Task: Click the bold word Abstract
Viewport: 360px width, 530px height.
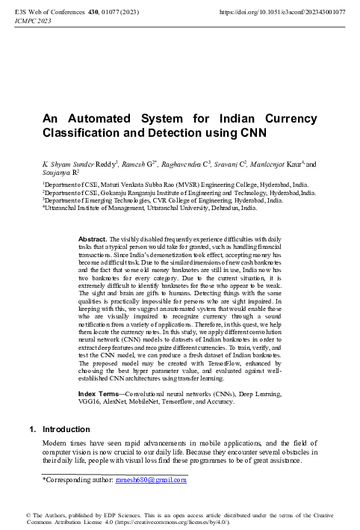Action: (92, 239)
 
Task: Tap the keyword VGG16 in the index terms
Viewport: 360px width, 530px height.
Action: (90, 401)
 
